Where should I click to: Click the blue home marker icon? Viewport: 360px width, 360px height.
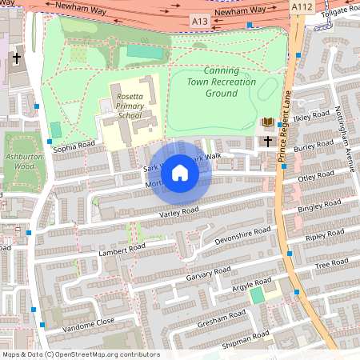[180, 172]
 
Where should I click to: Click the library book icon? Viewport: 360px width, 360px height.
[268, 122]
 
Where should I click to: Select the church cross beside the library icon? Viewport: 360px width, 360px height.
[268, 142]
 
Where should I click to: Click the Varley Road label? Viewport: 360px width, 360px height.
[178, 212]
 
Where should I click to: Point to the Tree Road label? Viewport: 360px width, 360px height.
[333, 263]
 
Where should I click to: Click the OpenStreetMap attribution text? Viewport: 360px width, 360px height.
[80, 354]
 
